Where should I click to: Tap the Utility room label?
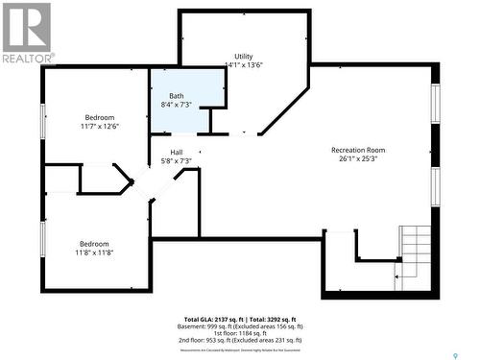pyautogui.click(x=244, y=57)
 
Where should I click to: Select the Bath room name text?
pyautogui.click(x=177, y=96)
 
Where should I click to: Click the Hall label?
pyautogui.click(x=177, y=153)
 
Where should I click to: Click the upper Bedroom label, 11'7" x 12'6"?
pyautogui.click(x=99, y=122)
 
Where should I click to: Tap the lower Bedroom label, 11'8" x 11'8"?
pyautogui.click(x=94, y=248)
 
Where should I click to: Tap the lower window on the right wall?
pyautogui.click(x=435, y=186)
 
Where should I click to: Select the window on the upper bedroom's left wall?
pyautogui.click(x=42, y=121)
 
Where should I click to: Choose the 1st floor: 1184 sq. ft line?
pyautogui.click(x=239, y=332)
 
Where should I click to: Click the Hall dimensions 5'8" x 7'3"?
pyautogui.click(x=177, y=161)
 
